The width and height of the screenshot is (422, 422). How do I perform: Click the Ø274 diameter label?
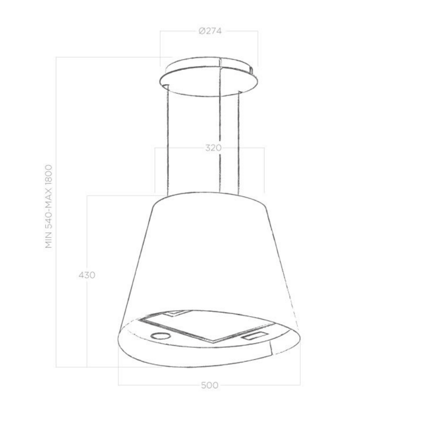[210, 31]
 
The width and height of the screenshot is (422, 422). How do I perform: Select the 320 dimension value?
[213, 148]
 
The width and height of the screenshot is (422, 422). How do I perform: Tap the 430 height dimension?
[87, 275]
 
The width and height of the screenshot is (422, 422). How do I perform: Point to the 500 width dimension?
[210, 385]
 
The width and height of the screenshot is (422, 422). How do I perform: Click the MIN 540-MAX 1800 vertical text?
[49, 206]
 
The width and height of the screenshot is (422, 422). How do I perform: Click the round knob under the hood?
[161, 335]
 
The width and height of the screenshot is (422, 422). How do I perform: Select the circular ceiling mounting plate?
[209, 77]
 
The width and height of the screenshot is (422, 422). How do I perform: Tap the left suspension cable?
[168, 140]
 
